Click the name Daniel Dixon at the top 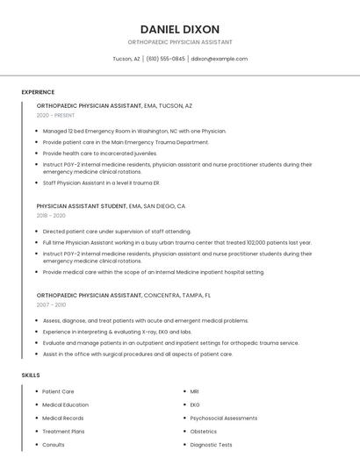pyautogui.click(x=180, y=29)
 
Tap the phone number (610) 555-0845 pyautogui.click(x=165, y=59)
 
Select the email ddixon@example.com pyautogui.click(x=220, y=59)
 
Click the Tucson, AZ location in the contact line pyautogui.click(x=126, y=59)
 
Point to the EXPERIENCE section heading pyautogui.click(x=38, y=92)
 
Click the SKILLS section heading pyautogui.click(x=31, y=375)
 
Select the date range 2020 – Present pyautogui.click(x=55, y=115)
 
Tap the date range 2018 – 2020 pyautogui.click(x=51, y=215)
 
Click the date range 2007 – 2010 pyautogui.click(x=51, y=304)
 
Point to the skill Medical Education pyautogui.click(x=66, y=404)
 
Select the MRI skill pyautogui.click(x=195, y=391)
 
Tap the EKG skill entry pyautogui.click(x=195, y=404)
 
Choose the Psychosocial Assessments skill pyautogui.click(x=224, y=418)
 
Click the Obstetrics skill pyautogui.click(x=204, y=432)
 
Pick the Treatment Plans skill pyautogui.click(x=63, y=432)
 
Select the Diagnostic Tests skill pyautogui.click(x=212, y=445)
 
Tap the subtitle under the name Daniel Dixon pyautogui.click(x=180, y=42)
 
